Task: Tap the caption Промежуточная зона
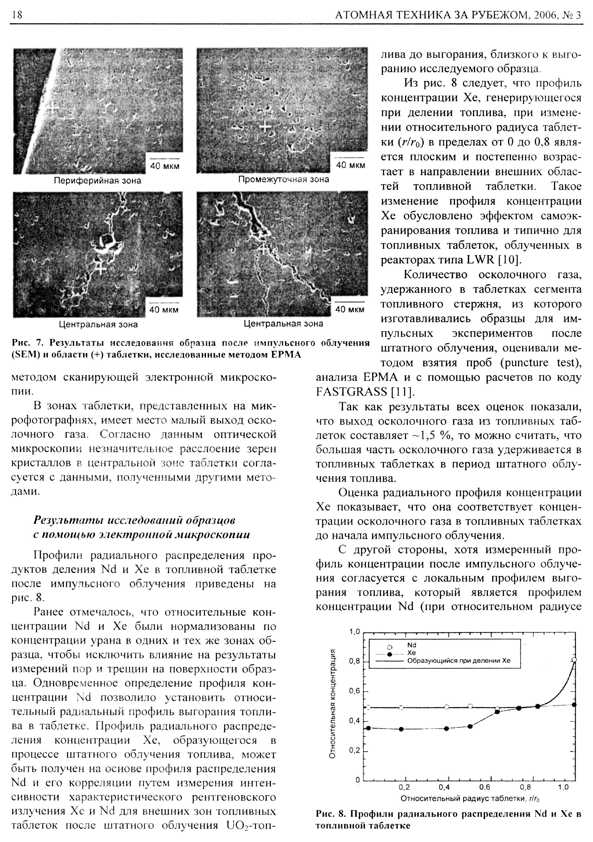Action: (x=283, y=179)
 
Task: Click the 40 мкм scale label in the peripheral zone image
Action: (x=165, y=166)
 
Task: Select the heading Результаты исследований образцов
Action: (x=134, y=520)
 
